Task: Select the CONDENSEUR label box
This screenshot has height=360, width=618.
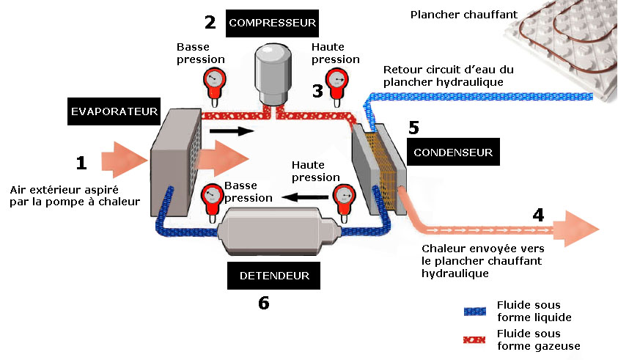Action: click(452, 153)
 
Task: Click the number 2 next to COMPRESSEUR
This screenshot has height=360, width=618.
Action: click(210, 23)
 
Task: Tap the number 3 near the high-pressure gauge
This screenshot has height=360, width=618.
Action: click(317, 91)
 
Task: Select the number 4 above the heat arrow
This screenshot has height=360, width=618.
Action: click(539, 216)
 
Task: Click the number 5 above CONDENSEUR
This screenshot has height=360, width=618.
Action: click(413, 128)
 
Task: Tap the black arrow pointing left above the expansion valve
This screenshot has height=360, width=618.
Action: click(306, 196)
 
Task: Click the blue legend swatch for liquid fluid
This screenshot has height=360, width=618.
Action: click(476, 311)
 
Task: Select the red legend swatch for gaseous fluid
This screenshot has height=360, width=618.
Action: click(476, 339)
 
